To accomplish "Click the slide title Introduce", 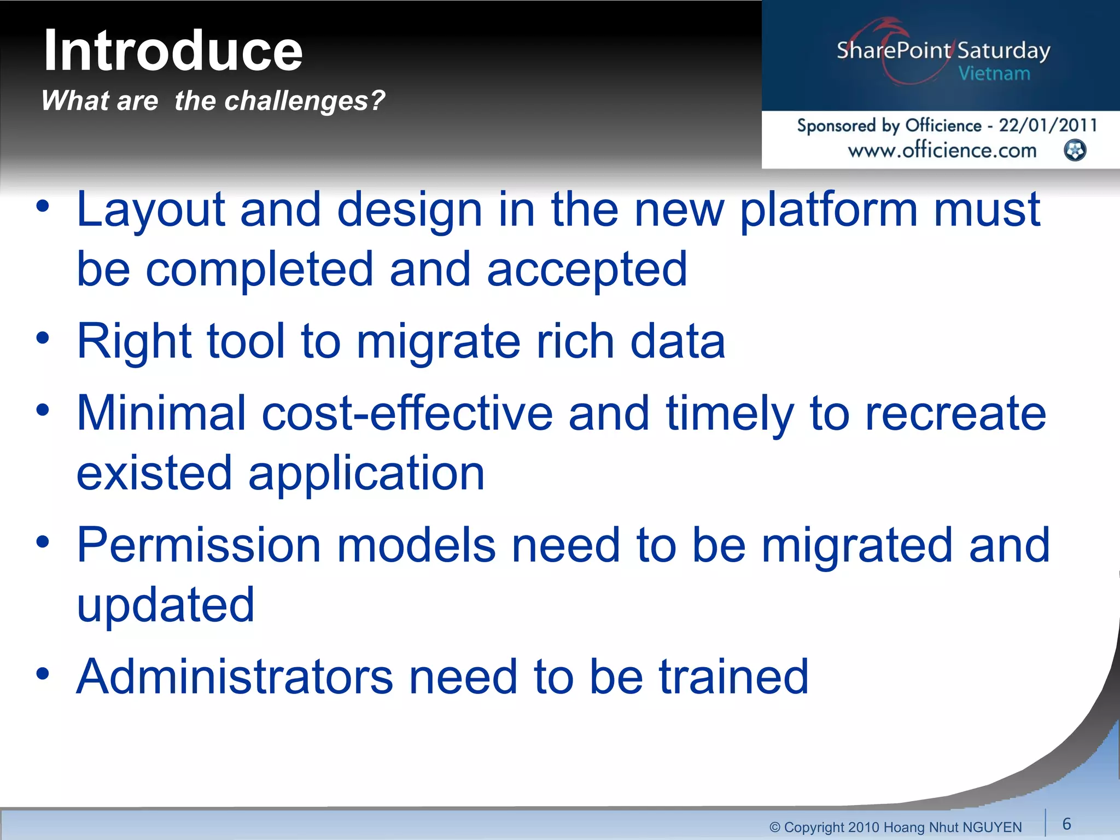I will [x=173, y=51].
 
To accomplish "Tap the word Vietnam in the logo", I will [x=994, y=74].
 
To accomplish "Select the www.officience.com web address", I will [x=942, y=150].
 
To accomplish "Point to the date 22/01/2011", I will [x=1048, y=125].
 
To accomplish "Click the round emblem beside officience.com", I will [x=1075, y=150].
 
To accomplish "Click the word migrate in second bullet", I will [x=439, y=341].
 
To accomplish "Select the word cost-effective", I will [x=407, y=413].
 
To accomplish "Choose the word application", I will [x=366, y=474].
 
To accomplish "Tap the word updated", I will [x=166, y=605].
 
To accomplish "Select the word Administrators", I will [x=235, y=677].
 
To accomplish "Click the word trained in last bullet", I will [x=733, y=677].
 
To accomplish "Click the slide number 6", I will [x=1066, y=824].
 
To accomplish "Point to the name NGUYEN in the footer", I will [x=991, y=827].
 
